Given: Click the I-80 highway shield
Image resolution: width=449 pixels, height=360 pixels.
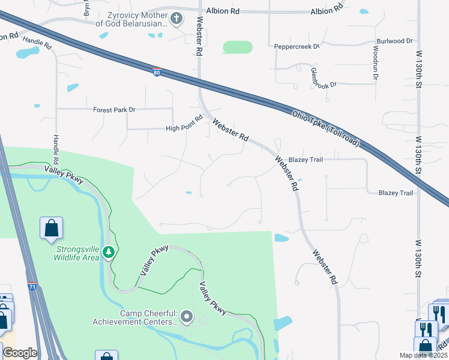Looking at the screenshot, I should coord(155,72).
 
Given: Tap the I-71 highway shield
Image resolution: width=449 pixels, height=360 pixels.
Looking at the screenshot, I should coord(32,287).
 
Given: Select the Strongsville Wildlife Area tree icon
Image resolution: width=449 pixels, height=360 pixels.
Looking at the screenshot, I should coord(109,253).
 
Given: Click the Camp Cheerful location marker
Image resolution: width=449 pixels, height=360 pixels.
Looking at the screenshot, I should coord(187,316).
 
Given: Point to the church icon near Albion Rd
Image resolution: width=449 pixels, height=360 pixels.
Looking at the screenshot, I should coord(176,19).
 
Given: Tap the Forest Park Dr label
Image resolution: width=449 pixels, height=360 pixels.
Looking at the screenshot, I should coord(114,110).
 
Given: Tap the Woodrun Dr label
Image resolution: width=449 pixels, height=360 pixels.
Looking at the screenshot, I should coord(375,63).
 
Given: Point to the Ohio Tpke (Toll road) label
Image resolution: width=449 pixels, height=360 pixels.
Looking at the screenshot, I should coord(326,128).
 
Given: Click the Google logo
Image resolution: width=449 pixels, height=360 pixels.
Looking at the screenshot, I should coord(20,353).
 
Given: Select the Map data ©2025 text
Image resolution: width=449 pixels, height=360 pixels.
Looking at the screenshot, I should coord(423,355).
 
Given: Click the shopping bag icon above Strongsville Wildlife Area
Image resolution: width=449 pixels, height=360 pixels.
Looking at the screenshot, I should coord(52,228).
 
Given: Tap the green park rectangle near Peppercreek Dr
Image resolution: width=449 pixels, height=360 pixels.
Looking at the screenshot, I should coord(238,47).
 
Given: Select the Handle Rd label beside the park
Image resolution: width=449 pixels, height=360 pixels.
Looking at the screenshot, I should coord(56,149).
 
